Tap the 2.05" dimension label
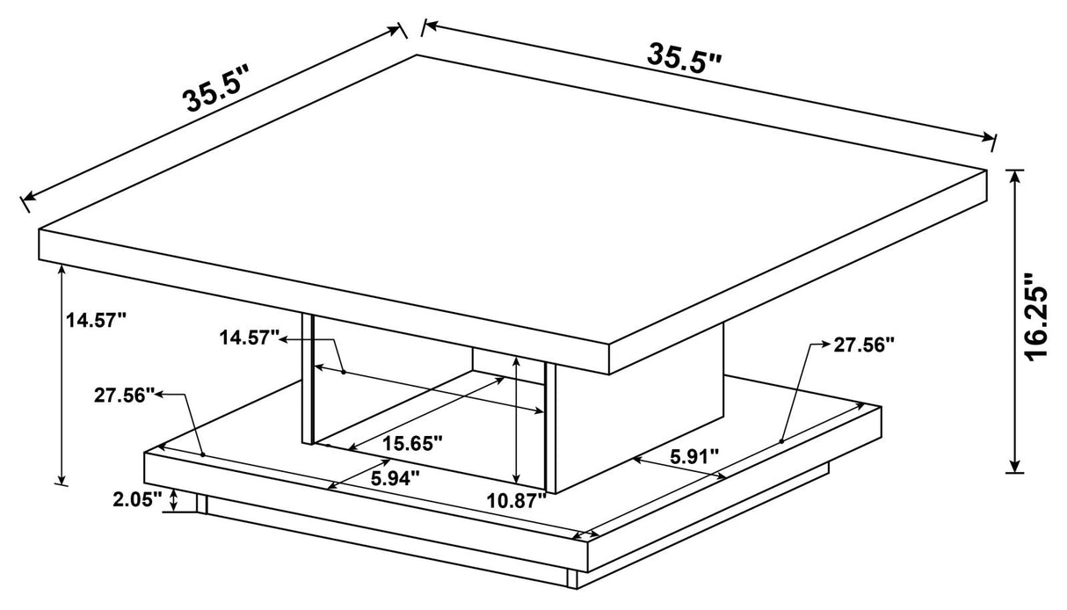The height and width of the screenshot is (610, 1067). pos(137,500)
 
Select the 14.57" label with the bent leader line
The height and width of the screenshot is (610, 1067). pos(250,337)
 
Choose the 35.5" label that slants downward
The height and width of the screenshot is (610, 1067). pos(685,57)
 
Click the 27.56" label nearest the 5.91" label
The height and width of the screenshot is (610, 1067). pos(864,345)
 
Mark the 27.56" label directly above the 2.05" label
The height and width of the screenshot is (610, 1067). pos(125,395)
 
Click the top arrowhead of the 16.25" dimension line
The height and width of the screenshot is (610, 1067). pos(1017,176)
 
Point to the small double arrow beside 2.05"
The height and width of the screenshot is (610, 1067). pos(175,501)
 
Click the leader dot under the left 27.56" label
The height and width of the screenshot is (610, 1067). pos(202,454)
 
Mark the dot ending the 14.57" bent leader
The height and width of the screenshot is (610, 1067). pos(343,372)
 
